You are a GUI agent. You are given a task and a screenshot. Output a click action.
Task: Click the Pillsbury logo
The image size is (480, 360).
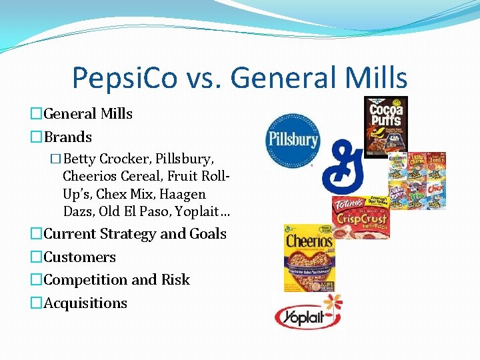[293, 139]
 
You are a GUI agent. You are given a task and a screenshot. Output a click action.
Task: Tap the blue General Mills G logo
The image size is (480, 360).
[344, 166]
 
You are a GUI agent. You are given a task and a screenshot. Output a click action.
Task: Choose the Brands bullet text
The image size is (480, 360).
[67, 137]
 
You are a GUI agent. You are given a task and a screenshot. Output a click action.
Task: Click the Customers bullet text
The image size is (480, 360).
[79, 257]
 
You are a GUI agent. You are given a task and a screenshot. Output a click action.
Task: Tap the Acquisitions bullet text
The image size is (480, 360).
[85, 303]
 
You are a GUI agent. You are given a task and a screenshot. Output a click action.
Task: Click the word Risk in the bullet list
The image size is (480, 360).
[175, 279]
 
